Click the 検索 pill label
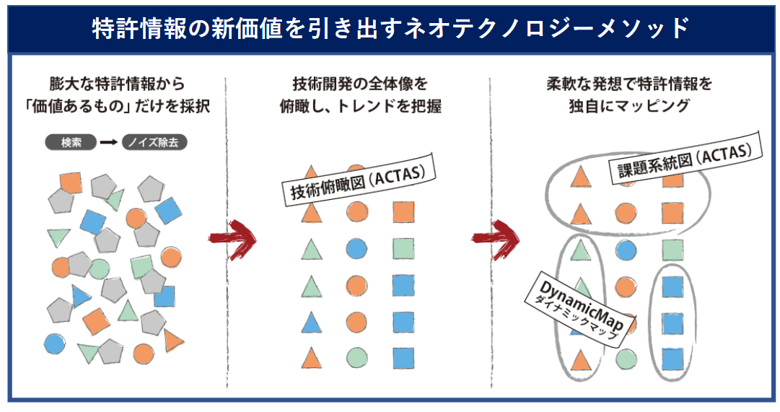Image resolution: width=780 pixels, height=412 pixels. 70,142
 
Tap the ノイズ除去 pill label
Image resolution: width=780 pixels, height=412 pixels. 154,142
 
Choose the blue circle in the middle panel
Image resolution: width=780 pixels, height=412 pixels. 356,249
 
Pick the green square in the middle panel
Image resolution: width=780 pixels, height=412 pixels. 403,249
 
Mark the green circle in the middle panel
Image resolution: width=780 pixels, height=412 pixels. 356,357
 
